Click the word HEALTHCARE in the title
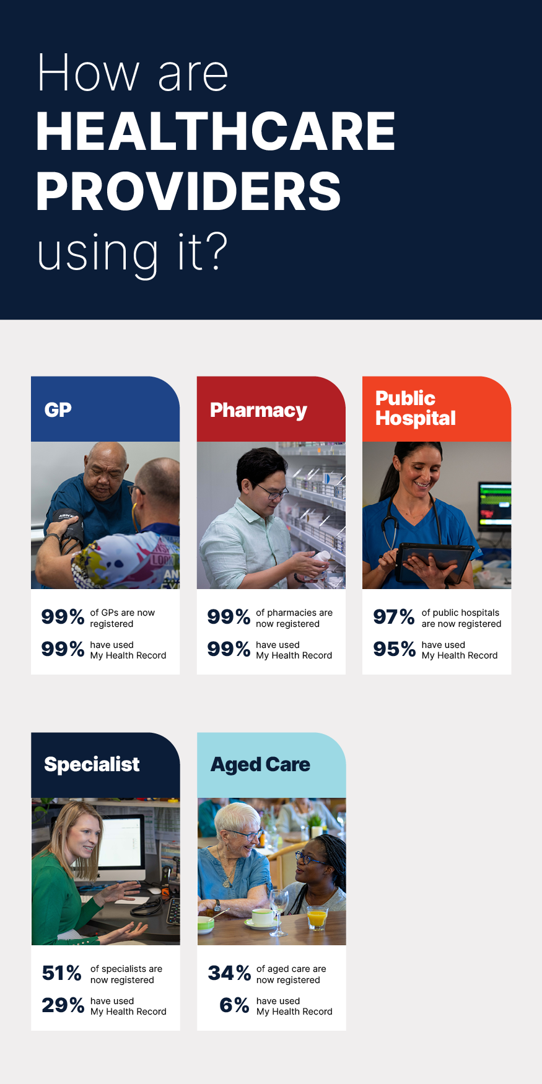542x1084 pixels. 216,131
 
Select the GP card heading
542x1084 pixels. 58,410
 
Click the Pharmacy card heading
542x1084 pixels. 258,411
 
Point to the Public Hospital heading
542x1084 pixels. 416,409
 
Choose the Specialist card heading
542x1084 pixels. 92,764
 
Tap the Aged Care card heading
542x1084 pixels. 260,765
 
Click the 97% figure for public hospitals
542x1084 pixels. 394,617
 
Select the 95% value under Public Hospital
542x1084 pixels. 394,649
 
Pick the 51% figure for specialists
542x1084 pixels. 62,973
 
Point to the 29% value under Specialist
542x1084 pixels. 63,1005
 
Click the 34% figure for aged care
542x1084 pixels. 229,973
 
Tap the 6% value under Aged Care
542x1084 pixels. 234,1005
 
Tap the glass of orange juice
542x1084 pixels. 317,918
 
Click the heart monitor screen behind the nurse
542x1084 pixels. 494,504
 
